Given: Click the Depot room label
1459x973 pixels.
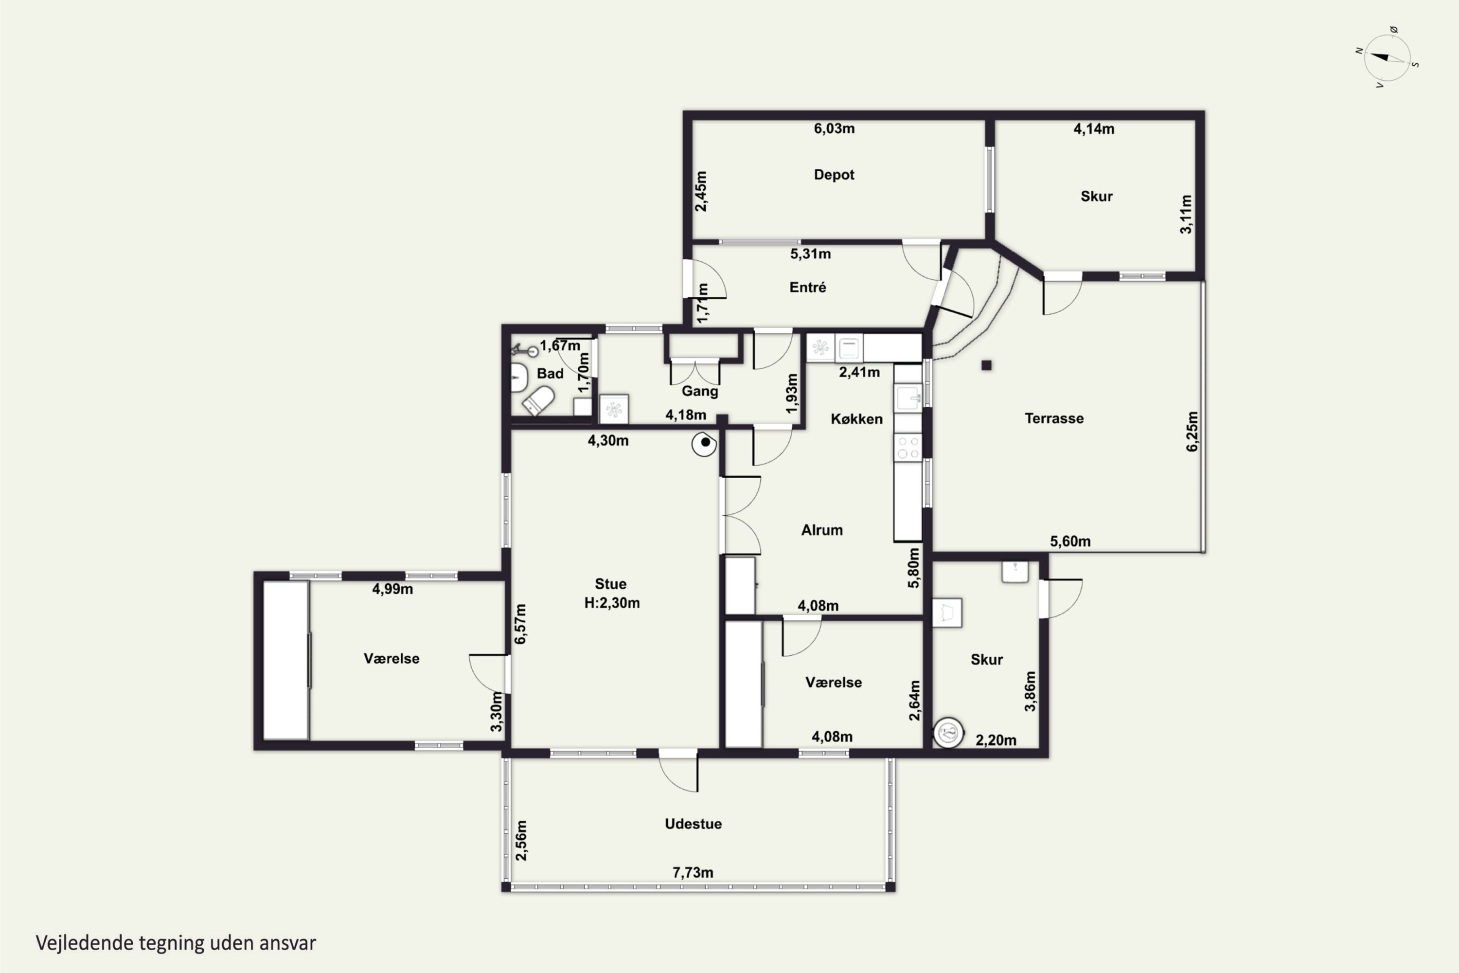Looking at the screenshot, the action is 834,175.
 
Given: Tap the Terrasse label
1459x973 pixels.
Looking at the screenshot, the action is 1054,418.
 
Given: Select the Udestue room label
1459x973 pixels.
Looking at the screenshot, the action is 693,824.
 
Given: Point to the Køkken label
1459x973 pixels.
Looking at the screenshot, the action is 856,419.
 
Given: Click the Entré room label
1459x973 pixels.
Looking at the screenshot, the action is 808,288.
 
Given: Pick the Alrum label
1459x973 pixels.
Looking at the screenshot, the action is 822,530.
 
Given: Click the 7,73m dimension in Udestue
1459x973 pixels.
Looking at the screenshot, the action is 693,872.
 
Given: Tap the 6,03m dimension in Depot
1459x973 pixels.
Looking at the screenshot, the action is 835,128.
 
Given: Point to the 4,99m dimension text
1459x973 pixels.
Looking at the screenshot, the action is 392,589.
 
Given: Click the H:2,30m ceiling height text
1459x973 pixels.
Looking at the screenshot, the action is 612,603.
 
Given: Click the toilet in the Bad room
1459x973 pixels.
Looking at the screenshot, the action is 538,401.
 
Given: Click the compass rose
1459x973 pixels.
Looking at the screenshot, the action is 1388,58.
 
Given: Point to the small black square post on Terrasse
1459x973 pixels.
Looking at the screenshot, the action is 986,365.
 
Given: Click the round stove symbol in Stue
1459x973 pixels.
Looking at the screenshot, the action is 704,444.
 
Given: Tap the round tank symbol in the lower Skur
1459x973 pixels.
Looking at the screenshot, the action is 948,733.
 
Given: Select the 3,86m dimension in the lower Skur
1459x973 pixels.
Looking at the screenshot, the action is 1030,691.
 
